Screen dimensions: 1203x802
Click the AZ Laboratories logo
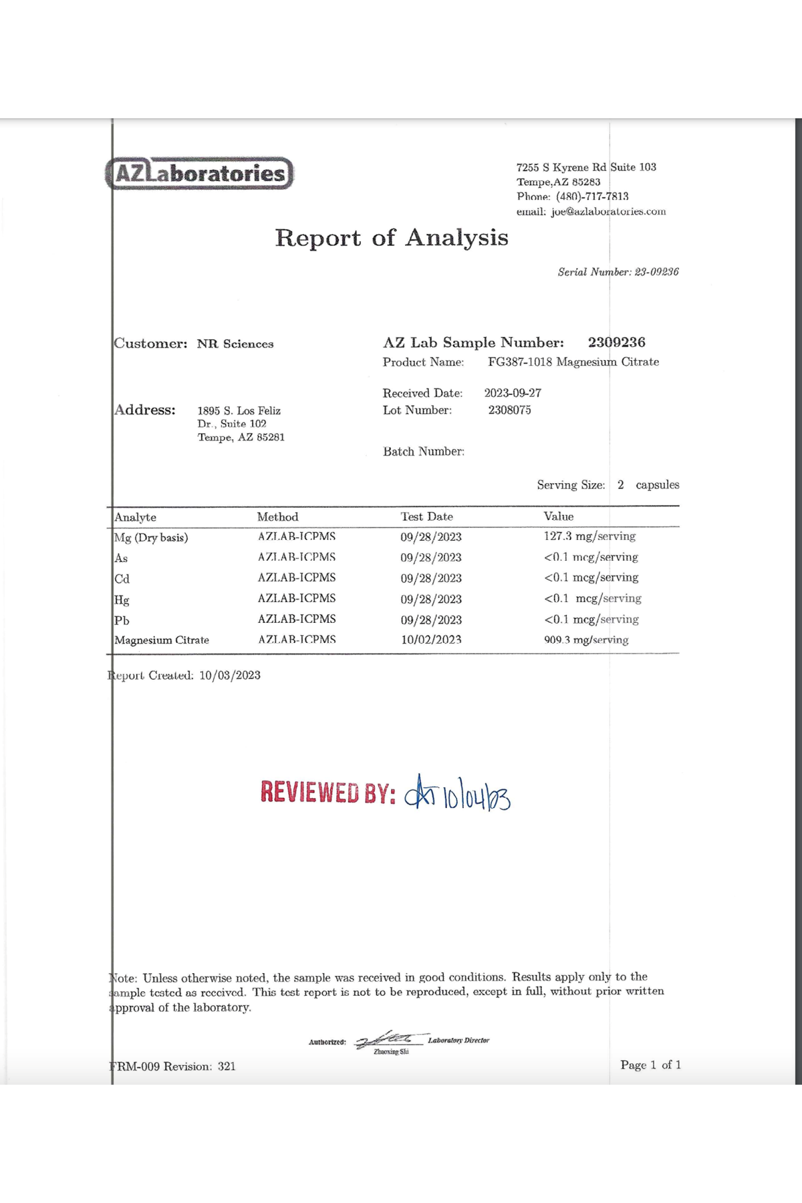coord(199,174)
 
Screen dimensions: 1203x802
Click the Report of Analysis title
coord(392,238)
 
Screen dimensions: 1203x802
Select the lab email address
coord(608,212)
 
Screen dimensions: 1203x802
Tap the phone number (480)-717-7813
coord(592,196)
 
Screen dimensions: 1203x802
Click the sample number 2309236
coord(616,343)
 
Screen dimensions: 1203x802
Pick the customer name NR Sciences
coord(235,344)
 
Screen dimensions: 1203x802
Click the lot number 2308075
coord(509,410)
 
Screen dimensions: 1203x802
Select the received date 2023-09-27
coord(513,393)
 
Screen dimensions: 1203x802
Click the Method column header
coord(277,517)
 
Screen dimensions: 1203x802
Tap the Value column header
coord(558,517)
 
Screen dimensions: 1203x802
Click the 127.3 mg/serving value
coord(589,536)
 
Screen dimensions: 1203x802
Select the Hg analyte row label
coord(122,599)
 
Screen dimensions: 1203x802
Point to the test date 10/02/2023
coord(431,640)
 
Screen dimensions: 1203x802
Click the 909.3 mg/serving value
coord(586,640)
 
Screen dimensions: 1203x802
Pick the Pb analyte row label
coord(122,620)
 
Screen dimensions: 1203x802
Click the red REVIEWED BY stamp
coord(327,793)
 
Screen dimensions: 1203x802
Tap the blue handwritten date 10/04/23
coord(477,796)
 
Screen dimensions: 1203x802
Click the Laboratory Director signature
coord(389,1040)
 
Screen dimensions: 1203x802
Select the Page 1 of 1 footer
coord(650,1065)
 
